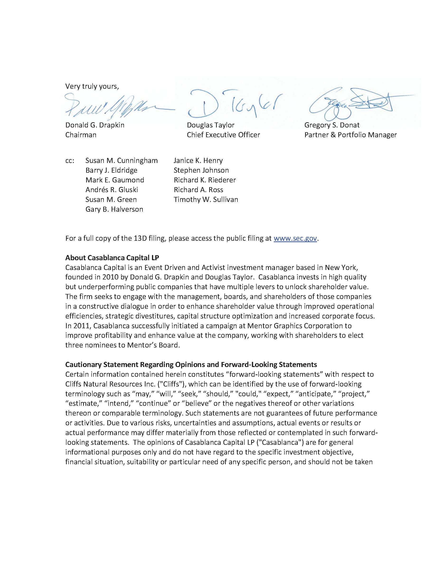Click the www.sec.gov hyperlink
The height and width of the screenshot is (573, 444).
point(295,238)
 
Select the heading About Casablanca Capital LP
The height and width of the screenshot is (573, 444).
point(112,258)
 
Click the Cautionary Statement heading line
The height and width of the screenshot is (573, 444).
point(191,364)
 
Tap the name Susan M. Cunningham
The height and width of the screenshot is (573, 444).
point(122,161)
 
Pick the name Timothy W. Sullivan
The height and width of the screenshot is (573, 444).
point(206,199)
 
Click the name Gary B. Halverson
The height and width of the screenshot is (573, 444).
point(114,209)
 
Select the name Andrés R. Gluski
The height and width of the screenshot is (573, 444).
point(112,190)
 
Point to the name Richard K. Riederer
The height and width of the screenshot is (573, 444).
point(205,180)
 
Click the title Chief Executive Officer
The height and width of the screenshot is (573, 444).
point(223,135)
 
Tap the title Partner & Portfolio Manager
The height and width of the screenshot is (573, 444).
point(350,135)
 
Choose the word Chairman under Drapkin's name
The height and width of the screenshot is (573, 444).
point(81,135)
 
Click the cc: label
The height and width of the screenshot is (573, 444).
point(70,161)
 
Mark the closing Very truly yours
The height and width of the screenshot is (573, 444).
point(92,86)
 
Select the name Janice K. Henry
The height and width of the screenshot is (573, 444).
point(198,161)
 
